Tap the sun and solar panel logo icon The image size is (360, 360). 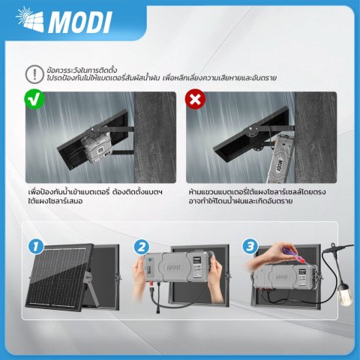(x=29, y=19)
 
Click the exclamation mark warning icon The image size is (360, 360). (x=34, y=74)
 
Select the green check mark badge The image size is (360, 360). (x=34, y=100)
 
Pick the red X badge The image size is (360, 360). (x=195, y=99)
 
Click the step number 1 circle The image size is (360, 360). (x=36, y=246)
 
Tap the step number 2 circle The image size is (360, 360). (x=142, y=247)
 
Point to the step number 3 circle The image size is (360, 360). (x=250, y=247)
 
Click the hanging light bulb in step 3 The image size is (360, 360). (x=345, y=294)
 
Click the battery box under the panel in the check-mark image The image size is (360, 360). (x=97, y=147)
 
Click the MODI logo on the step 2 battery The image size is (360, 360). (x=174, y=268)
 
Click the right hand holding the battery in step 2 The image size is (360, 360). (x=214, y=277)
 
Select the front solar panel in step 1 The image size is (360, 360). (x=58, y=278)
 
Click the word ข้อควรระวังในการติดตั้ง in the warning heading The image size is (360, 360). (x=82, y=70)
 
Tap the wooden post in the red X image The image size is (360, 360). (x=316, y=137)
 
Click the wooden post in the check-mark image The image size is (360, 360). (x=155, y=137)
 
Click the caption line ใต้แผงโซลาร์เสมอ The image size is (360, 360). (x=55, y=201)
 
